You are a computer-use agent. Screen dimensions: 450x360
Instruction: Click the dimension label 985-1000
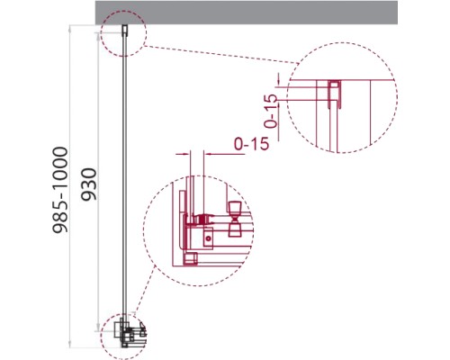coord(60,190)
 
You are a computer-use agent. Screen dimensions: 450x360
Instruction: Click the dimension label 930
coord(89,184)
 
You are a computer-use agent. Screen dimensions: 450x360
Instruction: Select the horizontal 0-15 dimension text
coord(251,144)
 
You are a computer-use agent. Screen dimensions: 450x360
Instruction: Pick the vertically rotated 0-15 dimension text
coord(271,111)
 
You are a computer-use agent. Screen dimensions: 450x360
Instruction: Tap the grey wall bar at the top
coord(247,13)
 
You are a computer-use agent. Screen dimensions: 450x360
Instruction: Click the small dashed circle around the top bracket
coord(146,33)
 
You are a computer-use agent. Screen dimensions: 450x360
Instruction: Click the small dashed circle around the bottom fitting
coord(102,336)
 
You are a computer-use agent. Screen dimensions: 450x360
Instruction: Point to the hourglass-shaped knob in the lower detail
coord(235,220)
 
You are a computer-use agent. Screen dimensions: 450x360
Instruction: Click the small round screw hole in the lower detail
coord(208,238)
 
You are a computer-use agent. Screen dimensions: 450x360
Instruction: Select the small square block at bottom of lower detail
coord(190,259)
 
